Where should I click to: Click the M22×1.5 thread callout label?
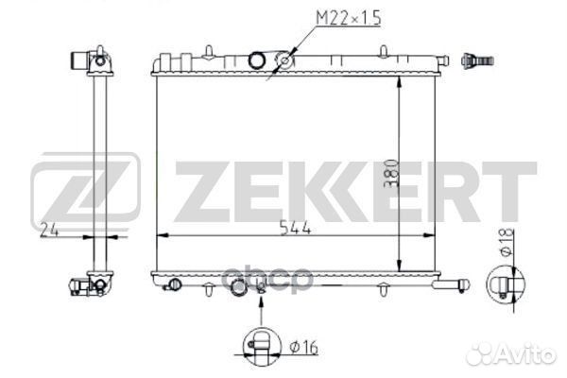pyautogui.click(x=348, y=19)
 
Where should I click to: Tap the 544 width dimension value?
pyautogui.click(x=296, y=229)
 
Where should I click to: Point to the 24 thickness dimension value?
pyautogui.click(x=49, y=230)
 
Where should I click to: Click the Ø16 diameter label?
pyautogui.click(x=303, y=348)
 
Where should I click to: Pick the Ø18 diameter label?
pyautogui.click(x=507, y=242)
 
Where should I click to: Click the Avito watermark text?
pyautogui.click(x=511, y=353)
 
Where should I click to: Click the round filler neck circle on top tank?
pyautogui.click(x=256, y=60)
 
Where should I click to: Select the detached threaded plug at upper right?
pyautogui.click(x=477, y=60)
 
